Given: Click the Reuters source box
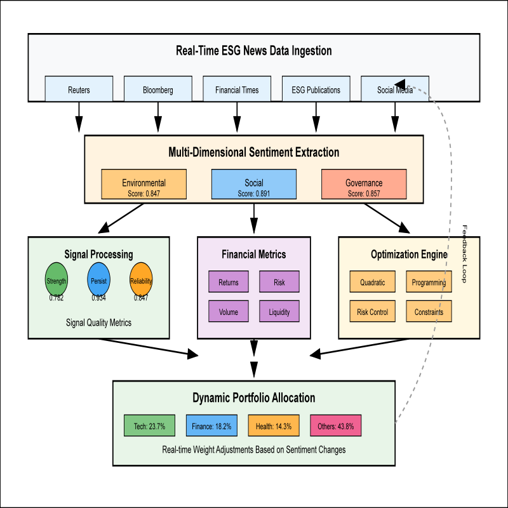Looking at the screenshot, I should point(79,90).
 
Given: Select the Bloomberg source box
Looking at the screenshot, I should point(157,90).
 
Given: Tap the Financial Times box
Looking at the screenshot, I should point(237,90).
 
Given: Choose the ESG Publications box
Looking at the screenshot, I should point(316,90).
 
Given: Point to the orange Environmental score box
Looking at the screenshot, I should point(144,184).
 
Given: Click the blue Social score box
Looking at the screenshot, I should point(253,184).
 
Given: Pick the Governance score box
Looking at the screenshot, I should point(364,184).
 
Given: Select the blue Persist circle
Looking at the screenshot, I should point(99,280).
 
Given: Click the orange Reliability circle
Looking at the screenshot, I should point(141,280).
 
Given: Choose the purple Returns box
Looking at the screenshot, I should point(229,282).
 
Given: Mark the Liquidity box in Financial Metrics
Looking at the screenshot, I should point(279,311).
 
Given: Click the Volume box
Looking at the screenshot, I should point(229,311).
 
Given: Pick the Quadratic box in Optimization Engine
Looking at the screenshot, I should point(372,282).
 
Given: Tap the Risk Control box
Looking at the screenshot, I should point(372,311).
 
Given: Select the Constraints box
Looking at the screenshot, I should point(429,311).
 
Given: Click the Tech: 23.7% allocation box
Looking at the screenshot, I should point(149,426).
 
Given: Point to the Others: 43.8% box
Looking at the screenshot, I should point(336,426).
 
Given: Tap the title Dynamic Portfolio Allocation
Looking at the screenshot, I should point(253,398).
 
